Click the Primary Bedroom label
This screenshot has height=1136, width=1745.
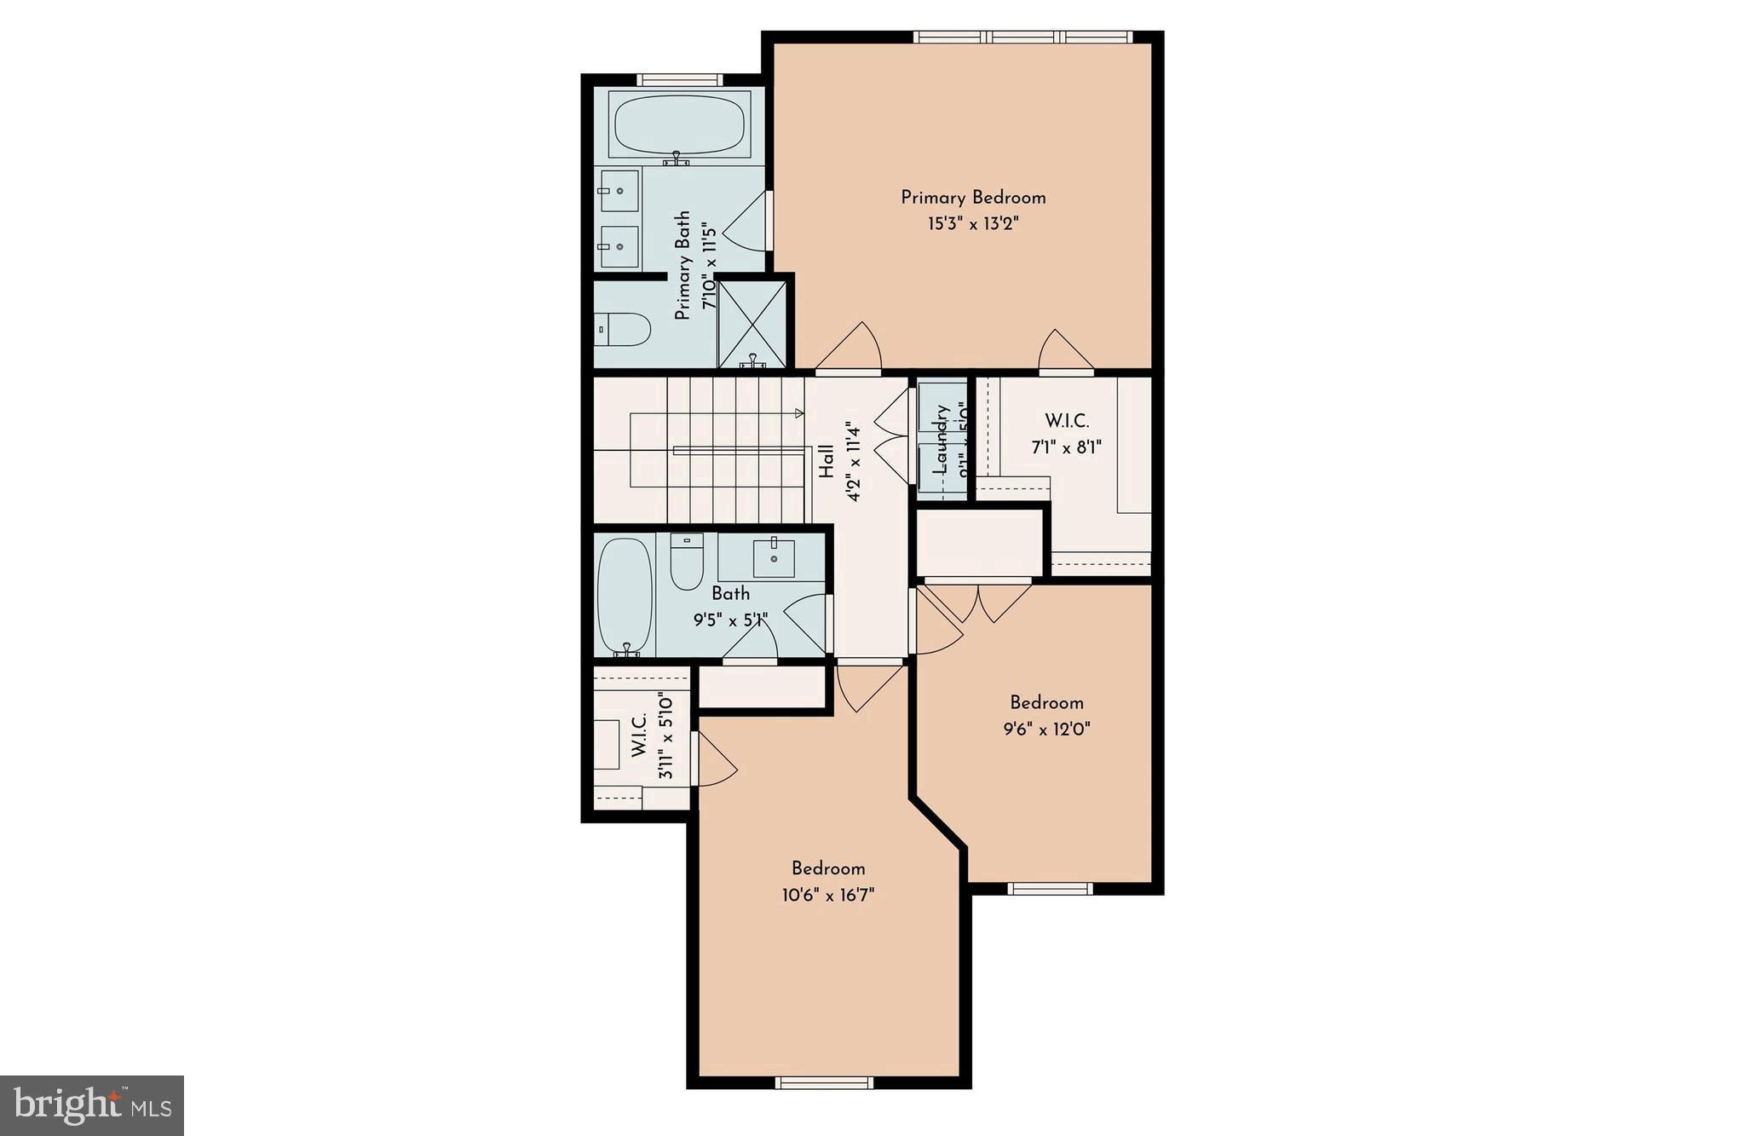(x=973, y=198)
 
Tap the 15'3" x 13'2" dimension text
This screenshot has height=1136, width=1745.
(x=973, y=224)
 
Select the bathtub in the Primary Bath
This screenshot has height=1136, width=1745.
(x=679, y=126)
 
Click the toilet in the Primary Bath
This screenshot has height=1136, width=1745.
(x=624, y=329)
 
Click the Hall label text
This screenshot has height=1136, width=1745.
(x=826, y=460)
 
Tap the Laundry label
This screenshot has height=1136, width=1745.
(x=941, y=438)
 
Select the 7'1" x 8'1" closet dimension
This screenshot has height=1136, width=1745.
(x=1067, y=447)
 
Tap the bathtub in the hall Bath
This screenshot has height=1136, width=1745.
(x=625, y=596)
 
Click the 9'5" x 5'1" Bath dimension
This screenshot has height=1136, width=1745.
(x=730, y=620)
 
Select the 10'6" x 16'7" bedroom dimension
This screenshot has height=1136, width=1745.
(x=828, y=895)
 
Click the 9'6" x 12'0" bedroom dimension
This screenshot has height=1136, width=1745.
(x=1046, y=729)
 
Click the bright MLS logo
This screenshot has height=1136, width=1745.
(x=92, y=1105)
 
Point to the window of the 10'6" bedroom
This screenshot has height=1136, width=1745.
(x=824, y=1082)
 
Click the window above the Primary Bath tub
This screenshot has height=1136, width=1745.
(x=679, y=80)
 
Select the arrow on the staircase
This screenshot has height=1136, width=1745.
(x=799, y=413)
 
